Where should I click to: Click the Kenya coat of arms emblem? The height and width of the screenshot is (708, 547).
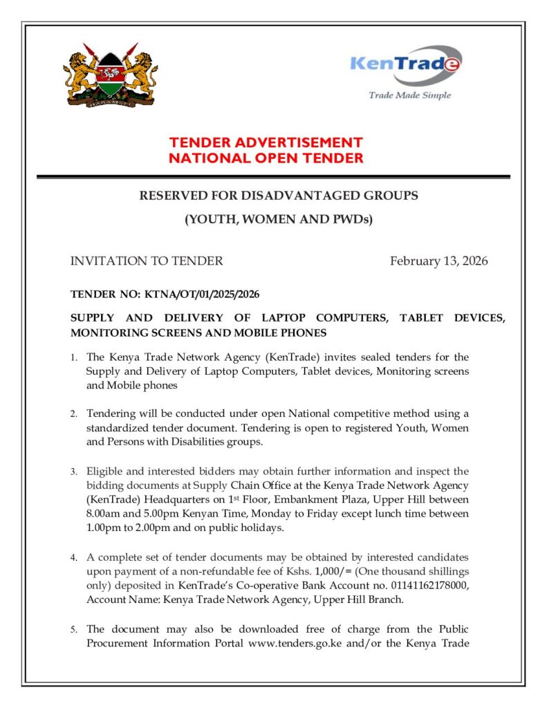[x=109, y=75]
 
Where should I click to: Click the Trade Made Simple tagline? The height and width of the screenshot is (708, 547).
[x=409, y=95]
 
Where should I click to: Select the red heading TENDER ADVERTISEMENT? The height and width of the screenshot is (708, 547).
[x=266, y=142]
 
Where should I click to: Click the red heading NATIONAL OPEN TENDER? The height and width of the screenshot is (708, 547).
[x=266, y=158]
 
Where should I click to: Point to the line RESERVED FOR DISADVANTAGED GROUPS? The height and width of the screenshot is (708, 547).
[x=279, y=196]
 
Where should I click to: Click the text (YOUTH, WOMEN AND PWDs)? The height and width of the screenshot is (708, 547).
[x=278, y=220]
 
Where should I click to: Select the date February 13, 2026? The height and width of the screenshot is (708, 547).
[x=438, y=261]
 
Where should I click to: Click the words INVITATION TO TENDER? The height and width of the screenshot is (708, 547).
[x=147, y=261]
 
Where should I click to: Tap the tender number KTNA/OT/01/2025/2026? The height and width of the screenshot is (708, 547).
[x=202, y=295]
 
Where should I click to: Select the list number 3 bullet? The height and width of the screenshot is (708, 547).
[x=73, y=472]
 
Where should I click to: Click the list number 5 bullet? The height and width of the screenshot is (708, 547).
[x=73, y=630]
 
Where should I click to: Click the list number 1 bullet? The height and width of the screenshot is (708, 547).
[x=73, y=358]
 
